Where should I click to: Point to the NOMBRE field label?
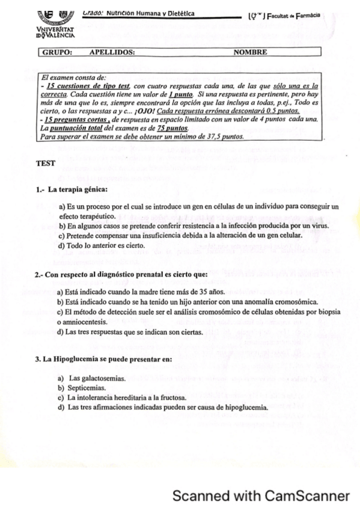tap(250, 52)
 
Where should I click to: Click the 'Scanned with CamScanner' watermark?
tap(260, 496)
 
